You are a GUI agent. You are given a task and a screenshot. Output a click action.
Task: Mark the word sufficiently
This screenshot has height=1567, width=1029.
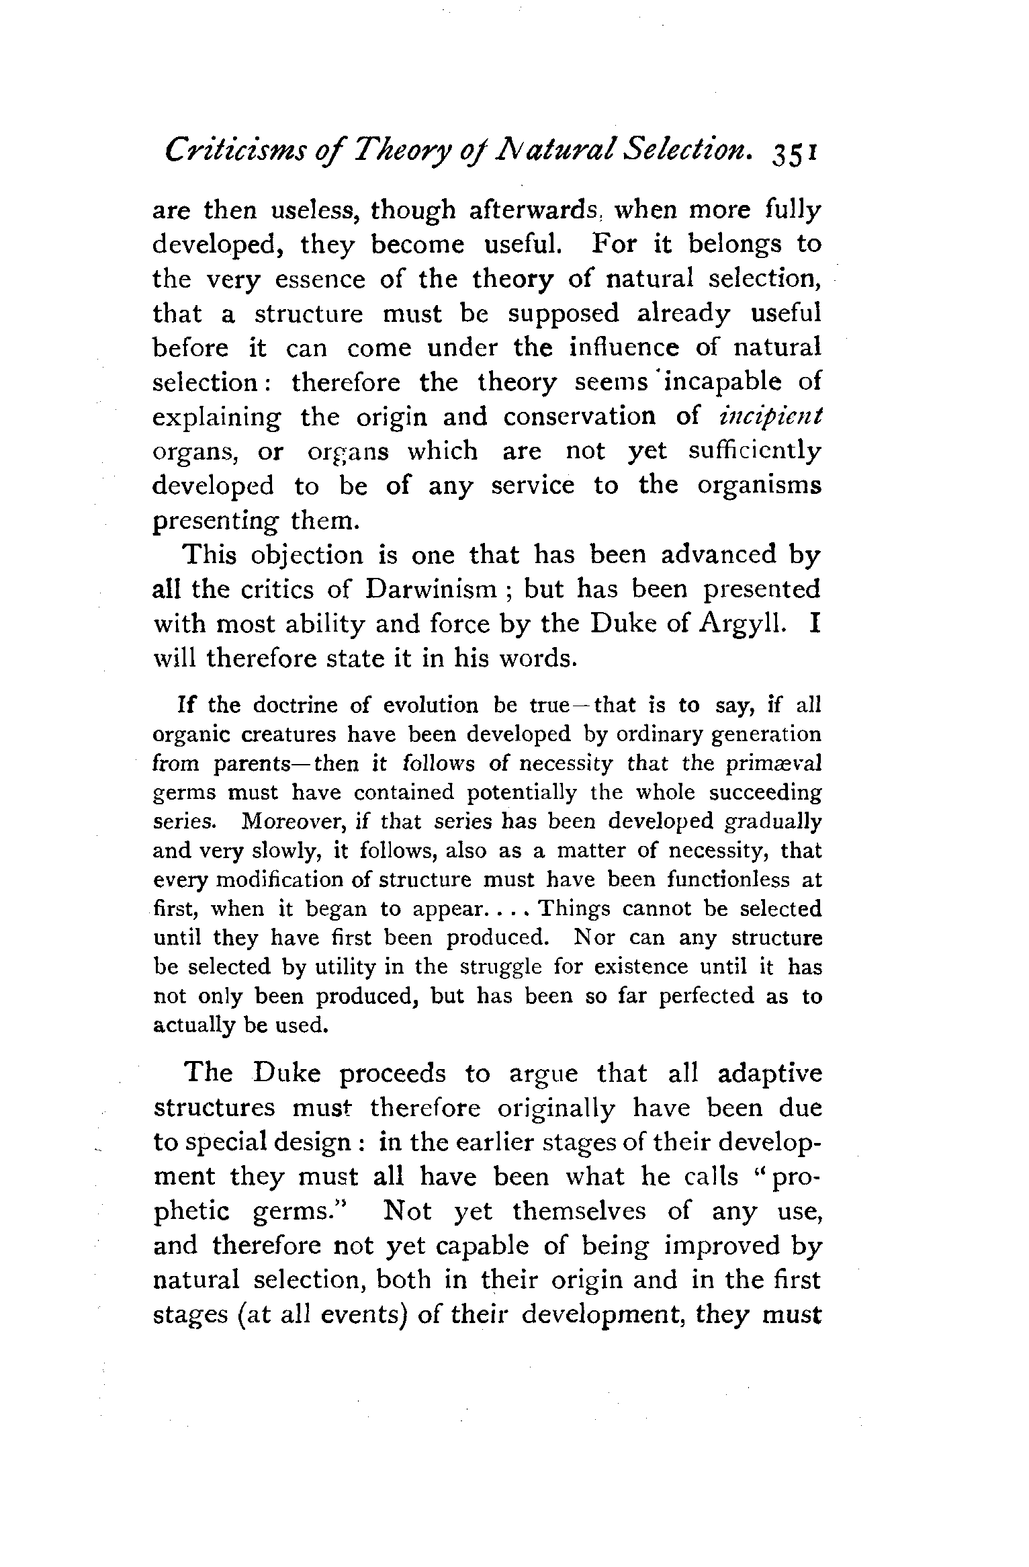[x=754, y=451]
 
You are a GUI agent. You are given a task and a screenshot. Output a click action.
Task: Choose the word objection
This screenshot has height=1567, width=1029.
[x=307, y=555]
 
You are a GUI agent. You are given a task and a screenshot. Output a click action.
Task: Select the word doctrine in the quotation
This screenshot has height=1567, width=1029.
[x=296, y=706]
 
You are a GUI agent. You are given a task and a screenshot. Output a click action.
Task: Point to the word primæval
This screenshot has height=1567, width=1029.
[x=784, y=764]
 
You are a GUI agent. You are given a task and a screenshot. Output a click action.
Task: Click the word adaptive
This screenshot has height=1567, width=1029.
[x=770, y=1073]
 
